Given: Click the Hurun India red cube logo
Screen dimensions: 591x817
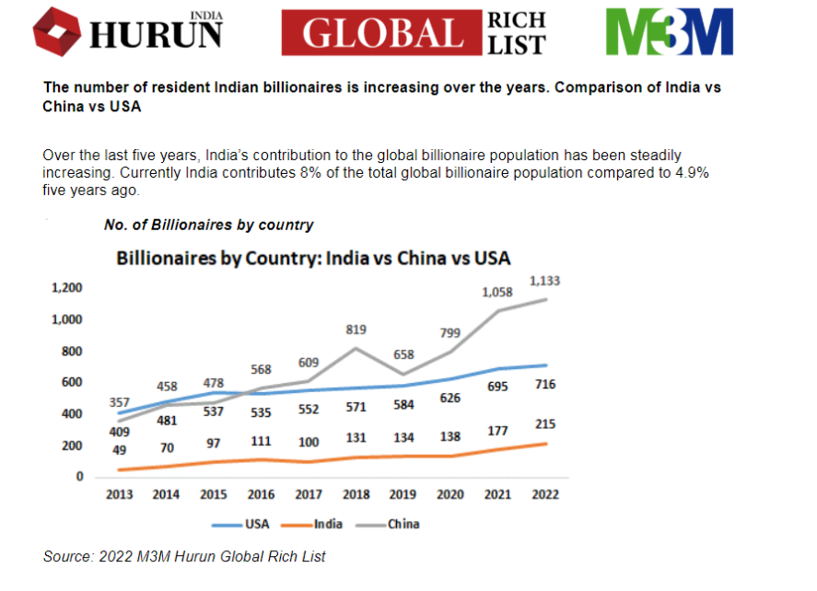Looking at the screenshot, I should (x=57, y=32).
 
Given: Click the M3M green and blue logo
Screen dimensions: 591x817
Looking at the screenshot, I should (x=669, y=32).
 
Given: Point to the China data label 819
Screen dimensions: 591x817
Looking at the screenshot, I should (x=356, y=329).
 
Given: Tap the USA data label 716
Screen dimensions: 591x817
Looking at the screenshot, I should (x=544, y=385).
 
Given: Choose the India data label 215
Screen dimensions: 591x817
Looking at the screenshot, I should (x=544, y=424).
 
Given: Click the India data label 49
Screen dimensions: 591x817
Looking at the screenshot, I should (x=119, y=449).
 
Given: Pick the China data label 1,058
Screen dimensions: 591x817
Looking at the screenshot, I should (x=497, y=292).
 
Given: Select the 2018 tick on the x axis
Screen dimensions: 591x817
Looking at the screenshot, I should (x=356, y=494).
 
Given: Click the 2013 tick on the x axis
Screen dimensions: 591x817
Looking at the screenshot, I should (x=119, y=494).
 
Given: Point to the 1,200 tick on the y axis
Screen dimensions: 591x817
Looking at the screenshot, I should (x=67, y=288).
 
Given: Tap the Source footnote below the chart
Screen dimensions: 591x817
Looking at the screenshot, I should (x=184, y=556).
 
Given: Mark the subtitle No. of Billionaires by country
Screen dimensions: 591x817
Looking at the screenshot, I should (x=209, y=225).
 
